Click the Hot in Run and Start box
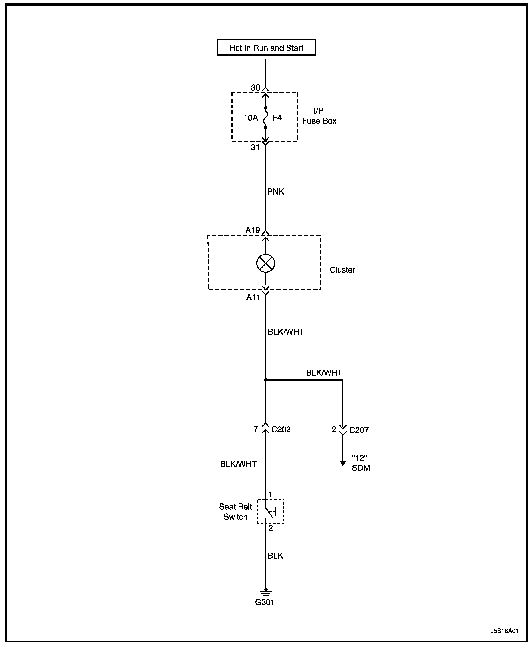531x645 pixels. click(x=266, y=47)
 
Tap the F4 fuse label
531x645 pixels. click(x=277, y=118)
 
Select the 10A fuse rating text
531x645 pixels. click(x=251, y=118)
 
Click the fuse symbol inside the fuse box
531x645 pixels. click(x=265, y=118)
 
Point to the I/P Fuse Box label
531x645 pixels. click(x=319, y=116)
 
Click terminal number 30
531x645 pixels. click(x=255, y=88)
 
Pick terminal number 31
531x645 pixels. click(x=255, y=148)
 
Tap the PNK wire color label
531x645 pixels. click(x=276, y=192)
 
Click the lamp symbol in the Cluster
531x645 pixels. click(x=265, y=263)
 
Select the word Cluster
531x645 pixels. click(x=342, y=270)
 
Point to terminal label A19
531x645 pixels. click(x=253, y=230)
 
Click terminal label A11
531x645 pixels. click(x=253, y=297)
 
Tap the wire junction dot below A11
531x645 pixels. click(x=265, y=380)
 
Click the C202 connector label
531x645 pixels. click(x=281, y=429)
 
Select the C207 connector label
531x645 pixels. click(x=359, y=430)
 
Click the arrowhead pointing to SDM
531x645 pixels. click(x=343, y=463)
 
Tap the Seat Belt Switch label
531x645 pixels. click(x=235, y=511)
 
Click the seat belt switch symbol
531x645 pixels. click(x=270, y=511)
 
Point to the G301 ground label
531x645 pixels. click(x=265, y=602)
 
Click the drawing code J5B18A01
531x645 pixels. click(x=504, y=631)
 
